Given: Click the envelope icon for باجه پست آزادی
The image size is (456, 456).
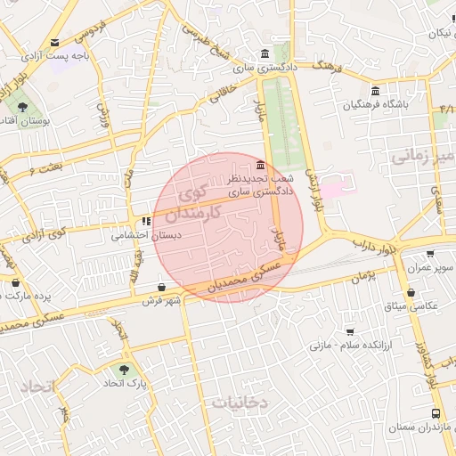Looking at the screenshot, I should (56, 43).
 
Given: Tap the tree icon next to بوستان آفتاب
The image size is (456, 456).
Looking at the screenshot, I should (22, 107).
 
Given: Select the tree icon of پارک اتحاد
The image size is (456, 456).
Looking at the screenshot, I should (124, 369).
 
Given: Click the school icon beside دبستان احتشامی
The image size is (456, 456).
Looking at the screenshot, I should (145, 222).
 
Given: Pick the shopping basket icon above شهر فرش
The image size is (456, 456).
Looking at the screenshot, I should (161, 287).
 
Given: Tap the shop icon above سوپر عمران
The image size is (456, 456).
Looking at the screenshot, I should (431, 253).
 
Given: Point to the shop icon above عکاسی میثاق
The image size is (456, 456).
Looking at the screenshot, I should (411, 292).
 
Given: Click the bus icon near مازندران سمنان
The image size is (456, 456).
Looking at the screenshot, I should (435, 413).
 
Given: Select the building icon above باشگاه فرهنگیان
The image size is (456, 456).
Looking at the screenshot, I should (375, 91).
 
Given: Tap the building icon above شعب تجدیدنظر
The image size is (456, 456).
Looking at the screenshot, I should (259, 166).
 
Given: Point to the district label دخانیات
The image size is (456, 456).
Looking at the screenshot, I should (240, 403).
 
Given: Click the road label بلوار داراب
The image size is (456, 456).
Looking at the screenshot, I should (373, 242).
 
